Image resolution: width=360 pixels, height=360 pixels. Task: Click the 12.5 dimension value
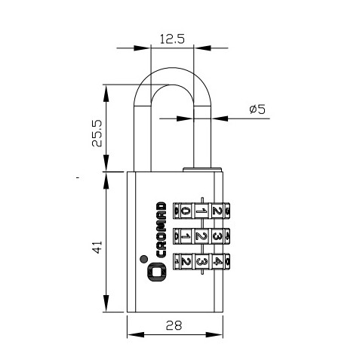[x=172, y=39]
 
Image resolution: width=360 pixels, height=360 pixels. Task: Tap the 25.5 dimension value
[x=97, y=133]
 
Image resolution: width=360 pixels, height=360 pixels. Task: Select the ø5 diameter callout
[x=257, y=109]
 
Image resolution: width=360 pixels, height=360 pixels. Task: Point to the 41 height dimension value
[x=97, y=247]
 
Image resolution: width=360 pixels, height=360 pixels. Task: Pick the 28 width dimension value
[x=174, y=325]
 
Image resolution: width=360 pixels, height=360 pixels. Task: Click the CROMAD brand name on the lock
[x=161, y=229]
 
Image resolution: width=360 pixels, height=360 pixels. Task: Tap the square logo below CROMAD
[x=156, y=272]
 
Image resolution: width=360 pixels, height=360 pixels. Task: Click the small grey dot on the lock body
[x=143, y=259]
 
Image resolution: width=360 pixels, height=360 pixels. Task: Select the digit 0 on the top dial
[x=186, y=211]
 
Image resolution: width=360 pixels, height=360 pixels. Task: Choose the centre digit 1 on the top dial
[x=201, y=211]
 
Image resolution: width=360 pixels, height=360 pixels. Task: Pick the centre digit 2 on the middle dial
[x=201, y=236]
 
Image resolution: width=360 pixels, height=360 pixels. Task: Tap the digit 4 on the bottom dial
[x=217, y=262]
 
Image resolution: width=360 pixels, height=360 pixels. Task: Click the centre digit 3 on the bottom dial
[x=202, y=262]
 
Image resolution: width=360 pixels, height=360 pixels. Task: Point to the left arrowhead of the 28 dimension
[x=136, y=334]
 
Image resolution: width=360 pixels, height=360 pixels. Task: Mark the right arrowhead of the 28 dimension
[x=214, y=334]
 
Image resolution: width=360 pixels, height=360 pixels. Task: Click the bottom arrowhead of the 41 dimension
[x=106, y=303]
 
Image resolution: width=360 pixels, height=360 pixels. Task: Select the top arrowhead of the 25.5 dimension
[x=106, y=94]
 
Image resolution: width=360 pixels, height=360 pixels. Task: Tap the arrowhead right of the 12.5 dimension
[x=202, y=48]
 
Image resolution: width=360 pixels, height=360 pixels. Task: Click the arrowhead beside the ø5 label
[x=220, y=118]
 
